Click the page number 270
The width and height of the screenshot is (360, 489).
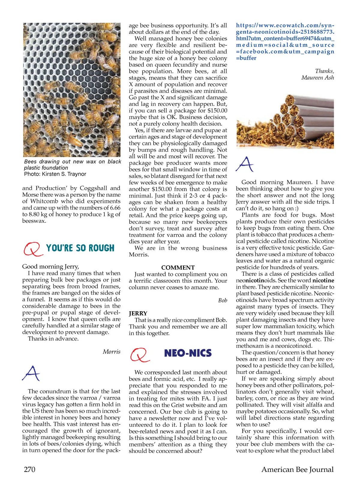pyautogui.click(x=29, y=469)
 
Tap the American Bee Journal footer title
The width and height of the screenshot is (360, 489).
pyautogui.click(x=297, y=469)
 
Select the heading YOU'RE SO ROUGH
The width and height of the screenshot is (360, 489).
pyautogui.click(x=80, y=248)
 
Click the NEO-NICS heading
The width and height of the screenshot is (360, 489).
pyautogui.click(x=188, y=353)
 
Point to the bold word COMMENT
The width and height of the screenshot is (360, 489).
pyautogui.click(x=178, y=267)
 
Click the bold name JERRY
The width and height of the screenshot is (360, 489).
pyautogui.click(x=138, y=313)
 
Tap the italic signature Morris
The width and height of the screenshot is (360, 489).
pyautogui.click(x=112, y=352)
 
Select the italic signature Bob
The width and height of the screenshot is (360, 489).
pyautogui.click(x=223, y=300)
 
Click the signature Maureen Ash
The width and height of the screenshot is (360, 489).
pyautogui.click(x=318, y=78)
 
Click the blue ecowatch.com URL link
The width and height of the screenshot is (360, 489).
pyautogui.click(x=285, y=42)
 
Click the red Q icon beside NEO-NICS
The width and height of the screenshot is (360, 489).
pyautogui.click(x=139, y=355)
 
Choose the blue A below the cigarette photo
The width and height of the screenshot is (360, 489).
pyautogui.click(x=244, y=164)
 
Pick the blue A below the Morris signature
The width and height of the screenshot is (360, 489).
pyautogui.click(x=31, y=373)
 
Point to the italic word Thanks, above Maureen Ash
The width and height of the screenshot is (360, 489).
pyautogui.click(x=325, y=71)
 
